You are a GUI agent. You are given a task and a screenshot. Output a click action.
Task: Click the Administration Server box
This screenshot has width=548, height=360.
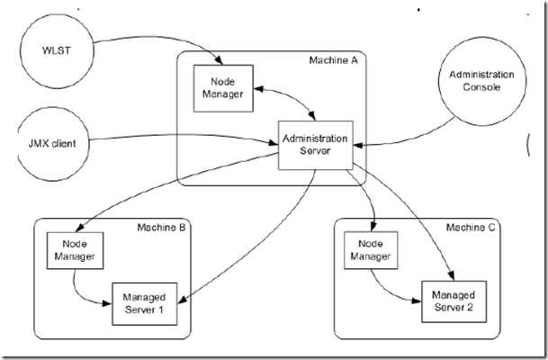pos(313,145)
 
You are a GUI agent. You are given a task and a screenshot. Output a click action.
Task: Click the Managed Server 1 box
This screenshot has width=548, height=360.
pos(145,302)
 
